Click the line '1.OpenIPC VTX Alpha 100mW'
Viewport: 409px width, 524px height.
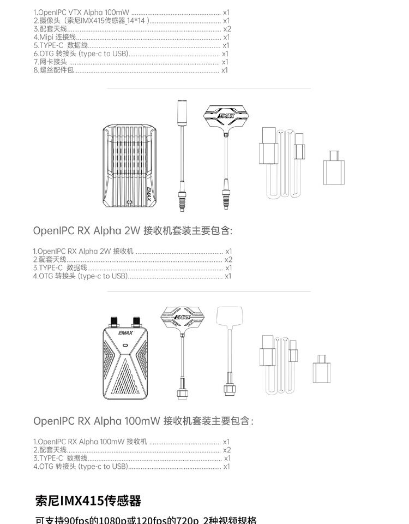pos(82,12)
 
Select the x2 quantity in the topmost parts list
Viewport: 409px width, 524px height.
pos(227,29)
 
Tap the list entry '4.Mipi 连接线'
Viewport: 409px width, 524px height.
pos(55,37)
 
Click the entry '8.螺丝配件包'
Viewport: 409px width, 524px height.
pos(53,70)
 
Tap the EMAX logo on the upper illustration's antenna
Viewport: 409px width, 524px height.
pos(225,116)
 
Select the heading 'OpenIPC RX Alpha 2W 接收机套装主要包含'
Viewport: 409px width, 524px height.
pos(133,231)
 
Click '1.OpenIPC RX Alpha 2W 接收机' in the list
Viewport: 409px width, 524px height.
pos(83,251)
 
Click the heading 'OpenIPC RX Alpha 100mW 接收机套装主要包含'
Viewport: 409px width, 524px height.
pos(143,421)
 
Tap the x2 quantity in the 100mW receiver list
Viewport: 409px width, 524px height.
pos(227,450)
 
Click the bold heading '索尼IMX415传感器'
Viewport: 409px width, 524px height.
pos(88,501)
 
